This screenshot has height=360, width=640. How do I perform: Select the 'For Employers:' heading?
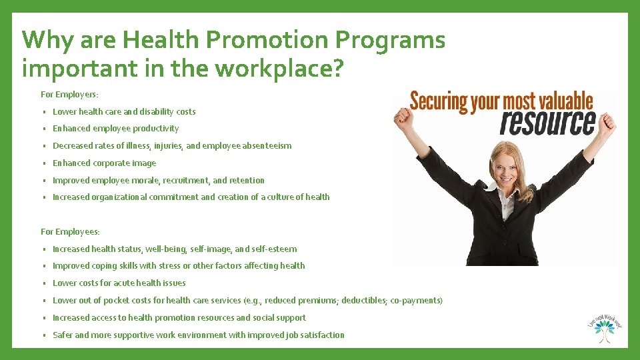click(69, 95)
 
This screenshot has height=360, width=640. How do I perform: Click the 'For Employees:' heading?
click(70, 231)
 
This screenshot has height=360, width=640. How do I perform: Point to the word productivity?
click(156, 129)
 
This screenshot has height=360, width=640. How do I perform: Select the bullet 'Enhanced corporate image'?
click(104, 163)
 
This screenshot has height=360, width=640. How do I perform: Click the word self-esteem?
click(274, 249)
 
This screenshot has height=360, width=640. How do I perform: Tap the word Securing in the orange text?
click(439, 101)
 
